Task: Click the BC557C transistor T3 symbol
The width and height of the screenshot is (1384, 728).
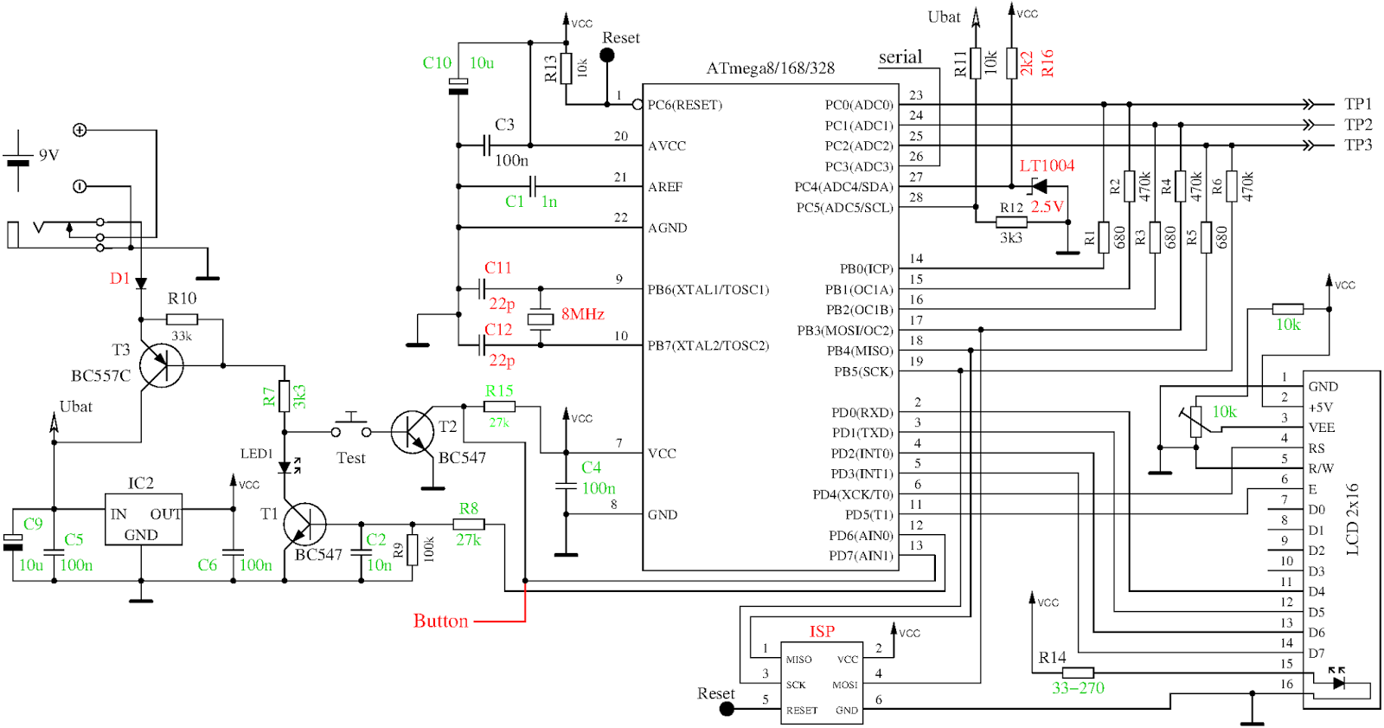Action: click(x=162, y=365)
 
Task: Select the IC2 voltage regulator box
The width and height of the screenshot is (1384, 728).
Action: click(x=143, y=519)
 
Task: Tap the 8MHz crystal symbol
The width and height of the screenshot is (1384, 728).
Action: click(x=541, y=319)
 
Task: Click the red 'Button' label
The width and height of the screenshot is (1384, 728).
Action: click(x=440, y=621)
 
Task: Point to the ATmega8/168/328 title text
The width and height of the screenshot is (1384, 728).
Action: click(x=770, y=68)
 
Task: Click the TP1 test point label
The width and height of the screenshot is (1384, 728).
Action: click(x=1358, y=104)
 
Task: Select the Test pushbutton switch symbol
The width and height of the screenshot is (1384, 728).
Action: click(x=351, y=427)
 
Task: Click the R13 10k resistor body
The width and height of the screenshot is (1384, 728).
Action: click(x=566, y=68)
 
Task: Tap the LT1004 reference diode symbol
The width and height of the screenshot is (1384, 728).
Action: click(x=1038, y=186)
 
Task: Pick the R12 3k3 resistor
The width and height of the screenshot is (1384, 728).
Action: click(x=1011, y=222)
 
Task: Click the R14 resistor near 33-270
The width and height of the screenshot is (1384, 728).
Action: click(x=1078, y=673)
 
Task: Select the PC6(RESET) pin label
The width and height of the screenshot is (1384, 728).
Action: click(x=684, y=105)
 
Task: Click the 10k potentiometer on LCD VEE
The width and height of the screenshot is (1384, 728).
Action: click(x=1196, y=421)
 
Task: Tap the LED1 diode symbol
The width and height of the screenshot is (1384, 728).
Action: click(x=285, y=468)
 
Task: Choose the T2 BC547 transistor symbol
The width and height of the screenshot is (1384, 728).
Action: click(x=412, y=432)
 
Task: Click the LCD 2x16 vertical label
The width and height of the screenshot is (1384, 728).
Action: click(x=1353, y=519)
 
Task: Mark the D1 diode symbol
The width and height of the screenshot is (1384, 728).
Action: click(x=141, y=283)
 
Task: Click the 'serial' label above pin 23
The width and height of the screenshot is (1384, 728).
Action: click(x=900, y=57)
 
